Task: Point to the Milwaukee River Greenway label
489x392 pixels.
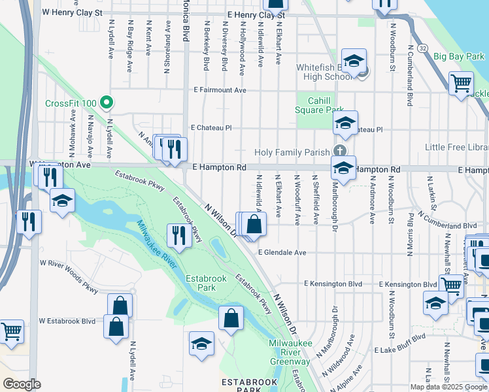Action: coord(290,353)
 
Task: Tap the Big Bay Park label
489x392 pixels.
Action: coord(458,57)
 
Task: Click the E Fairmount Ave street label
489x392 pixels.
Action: coord(220,90)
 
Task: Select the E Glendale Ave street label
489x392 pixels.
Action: coord(282,252)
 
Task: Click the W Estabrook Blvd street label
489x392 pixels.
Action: coord(67,321)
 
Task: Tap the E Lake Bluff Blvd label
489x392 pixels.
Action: coord(399,351)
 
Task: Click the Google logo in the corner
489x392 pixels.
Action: coord(22,384)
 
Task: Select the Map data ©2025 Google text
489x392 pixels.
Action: coord(448,387)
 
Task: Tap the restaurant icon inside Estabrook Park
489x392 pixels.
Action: coord(176,235)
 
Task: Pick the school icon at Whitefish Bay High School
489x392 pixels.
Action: coord(354,61)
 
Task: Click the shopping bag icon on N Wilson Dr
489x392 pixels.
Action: coord(255,224)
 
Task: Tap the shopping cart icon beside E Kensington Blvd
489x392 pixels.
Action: coord(451,284)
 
